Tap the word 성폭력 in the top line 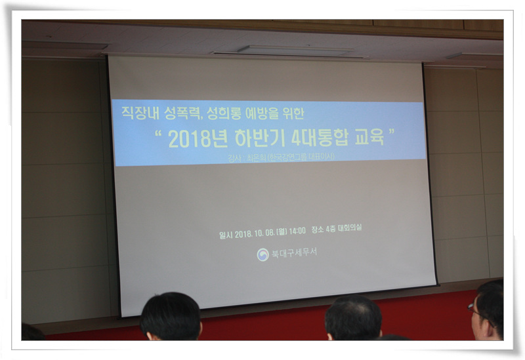coord(177,113)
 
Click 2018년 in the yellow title coord(194,139)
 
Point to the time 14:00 coord(296,230)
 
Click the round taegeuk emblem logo coord(262,254)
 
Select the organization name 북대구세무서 coord(293,253)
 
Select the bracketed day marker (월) coord(280,230)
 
